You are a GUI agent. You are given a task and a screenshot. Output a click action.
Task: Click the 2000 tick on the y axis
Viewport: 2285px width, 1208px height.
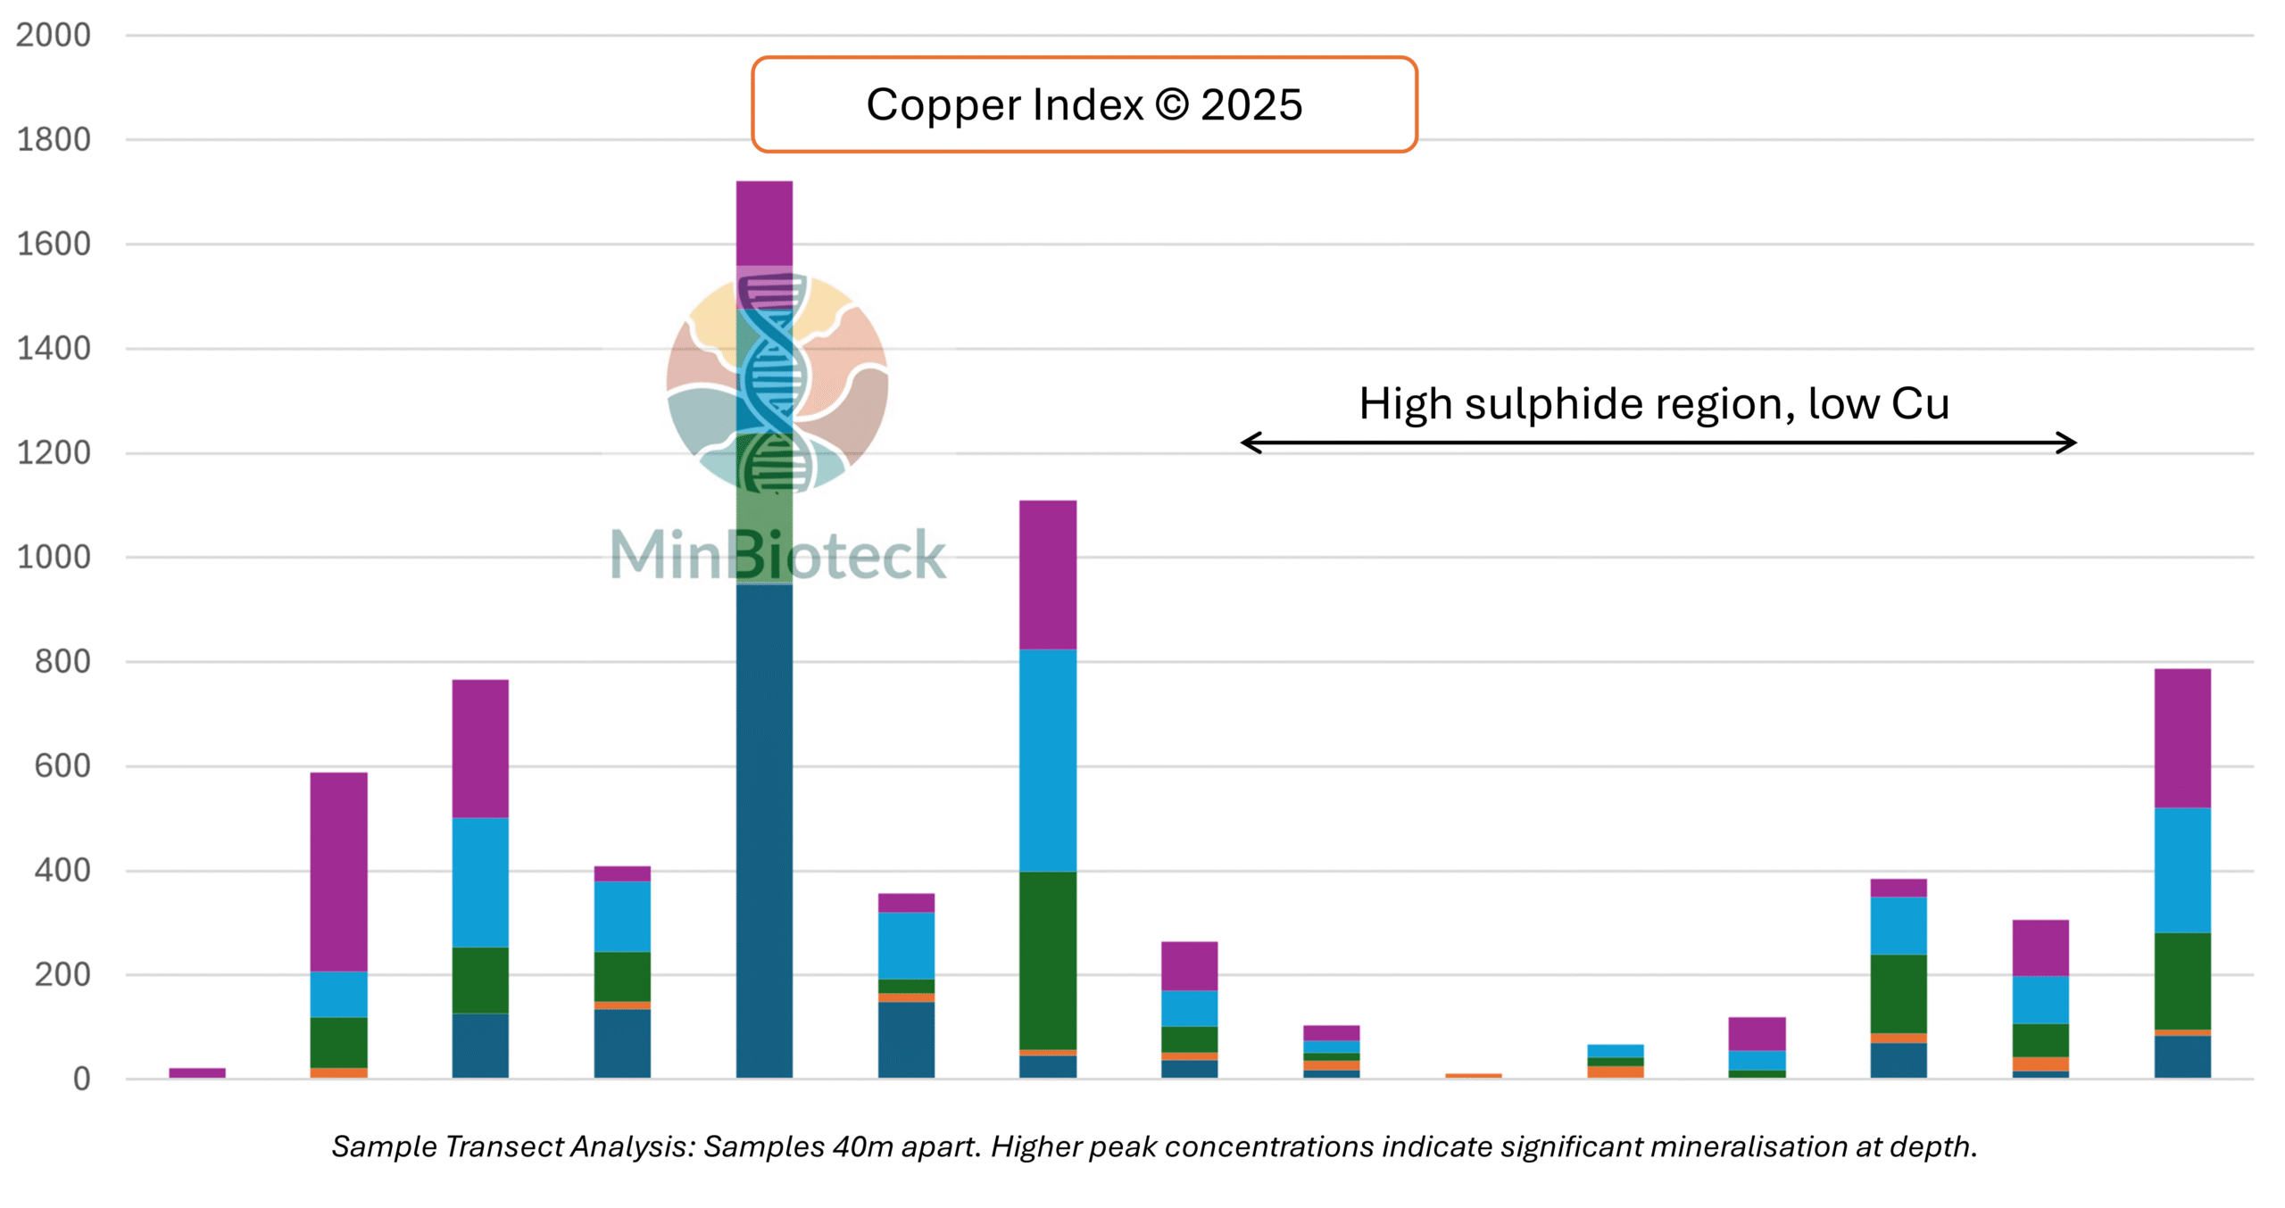click(54, 36)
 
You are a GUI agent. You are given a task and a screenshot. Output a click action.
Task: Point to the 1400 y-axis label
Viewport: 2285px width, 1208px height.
click(54, 348)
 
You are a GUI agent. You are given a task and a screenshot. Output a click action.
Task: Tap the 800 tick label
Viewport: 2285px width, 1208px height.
click(62, 661)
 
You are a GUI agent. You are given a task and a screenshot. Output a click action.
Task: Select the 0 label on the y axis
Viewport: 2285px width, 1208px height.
click(81, 1079)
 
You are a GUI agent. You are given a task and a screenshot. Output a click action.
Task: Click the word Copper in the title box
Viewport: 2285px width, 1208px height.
click(946, 105)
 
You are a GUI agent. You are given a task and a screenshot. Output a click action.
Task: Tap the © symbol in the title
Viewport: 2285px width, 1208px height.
click(1171, 105)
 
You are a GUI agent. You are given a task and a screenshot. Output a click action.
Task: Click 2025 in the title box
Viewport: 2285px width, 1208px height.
click(1251, 105)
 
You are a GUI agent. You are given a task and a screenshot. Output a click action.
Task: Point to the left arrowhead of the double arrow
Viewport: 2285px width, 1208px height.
click(1250, 443)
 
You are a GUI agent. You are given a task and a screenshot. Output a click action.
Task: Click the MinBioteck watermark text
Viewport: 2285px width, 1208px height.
click(777, 555)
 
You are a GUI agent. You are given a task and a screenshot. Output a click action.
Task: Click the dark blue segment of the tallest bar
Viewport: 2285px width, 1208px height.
click(764, 830)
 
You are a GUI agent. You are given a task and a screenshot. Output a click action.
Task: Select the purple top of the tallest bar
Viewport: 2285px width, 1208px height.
click(764, 223)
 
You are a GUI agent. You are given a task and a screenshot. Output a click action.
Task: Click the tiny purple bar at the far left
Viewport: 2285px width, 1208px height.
click(197, 1072)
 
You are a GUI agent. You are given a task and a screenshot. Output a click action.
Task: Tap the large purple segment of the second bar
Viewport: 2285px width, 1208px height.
click(338, 872)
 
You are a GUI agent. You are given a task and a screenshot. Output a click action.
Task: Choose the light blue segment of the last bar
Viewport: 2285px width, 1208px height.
click(2182, 870)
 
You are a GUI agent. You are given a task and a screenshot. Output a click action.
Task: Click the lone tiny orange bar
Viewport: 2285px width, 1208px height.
click(1473, 1075)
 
